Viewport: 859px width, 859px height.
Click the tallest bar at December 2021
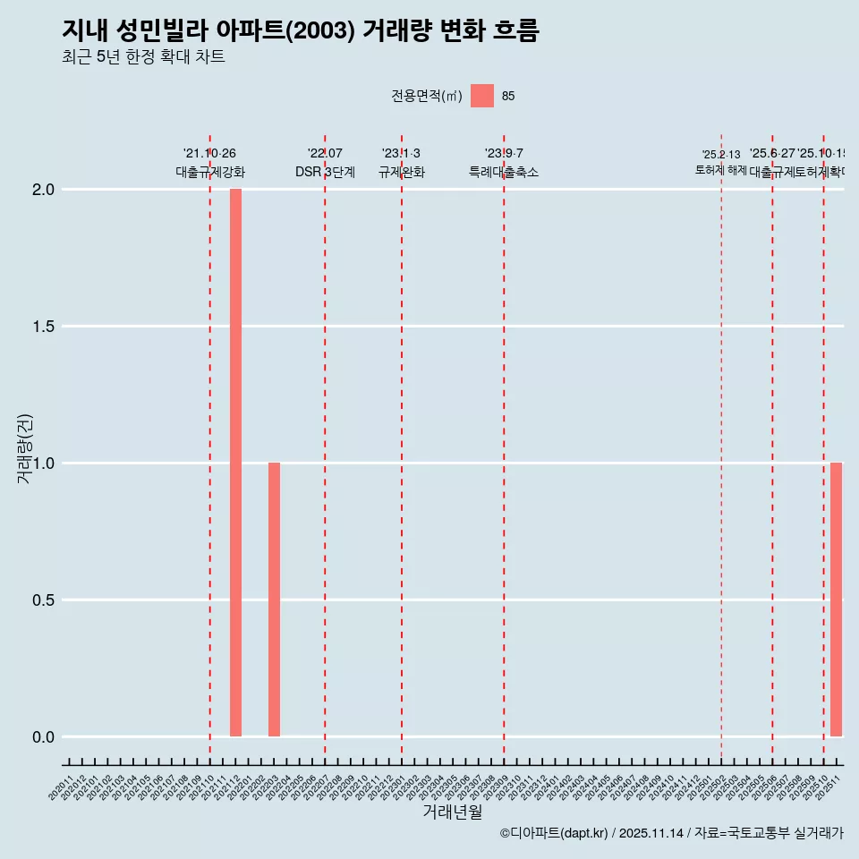(x=235, y=463)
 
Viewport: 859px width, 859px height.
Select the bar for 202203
(x=274, y=600)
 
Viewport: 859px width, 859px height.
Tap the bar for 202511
(x=836, y=600)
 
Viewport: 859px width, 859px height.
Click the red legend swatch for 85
(x=482, y=96)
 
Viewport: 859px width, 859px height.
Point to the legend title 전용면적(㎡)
(x=427, y=97)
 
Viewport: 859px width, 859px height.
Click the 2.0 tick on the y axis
(x=44, y=190)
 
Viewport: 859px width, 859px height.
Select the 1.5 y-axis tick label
(x=44, y=327)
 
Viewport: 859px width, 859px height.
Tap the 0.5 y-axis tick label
(x=44, y=600)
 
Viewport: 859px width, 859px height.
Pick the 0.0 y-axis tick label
(x=44, y=737)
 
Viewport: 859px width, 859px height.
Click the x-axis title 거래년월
(x=452, y=812)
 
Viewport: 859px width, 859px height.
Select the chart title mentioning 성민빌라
(x=301, y=30)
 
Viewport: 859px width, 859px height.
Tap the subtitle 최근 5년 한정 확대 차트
(x=143, y=57)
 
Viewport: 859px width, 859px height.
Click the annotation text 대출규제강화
(x=209, y=173)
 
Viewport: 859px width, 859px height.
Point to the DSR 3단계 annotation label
(x=325, y=173)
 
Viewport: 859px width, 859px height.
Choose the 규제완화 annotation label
(x=401, y=173)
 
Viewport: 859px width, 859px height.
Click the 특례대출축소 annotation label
(x=504, y=173)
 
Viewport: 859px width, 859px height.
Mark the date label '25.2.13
(x=721, y=155)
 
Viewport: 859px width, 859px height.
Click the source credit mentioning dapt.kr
(x=671, y=833)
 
